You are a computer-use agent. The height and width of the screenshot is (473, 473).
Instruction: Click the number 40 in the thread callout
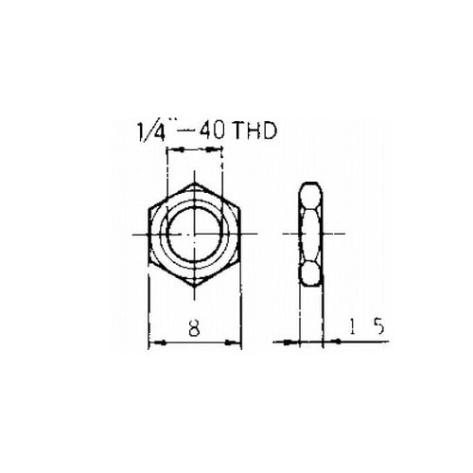[x=212, y=131]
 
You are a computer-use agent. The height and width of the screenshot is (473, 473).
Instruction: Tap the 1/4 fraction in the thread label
[x=151, y=131]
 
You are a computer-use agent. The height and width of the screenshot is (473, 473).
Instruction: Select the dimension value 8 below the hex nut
[x=195, y=327]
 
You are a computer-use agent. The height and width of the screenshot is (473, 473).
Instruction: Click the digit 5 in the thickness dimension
[x=379, y=326]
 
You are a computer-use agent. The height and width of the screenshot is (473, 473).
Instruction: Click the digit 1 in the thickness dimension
[x=352, y=326]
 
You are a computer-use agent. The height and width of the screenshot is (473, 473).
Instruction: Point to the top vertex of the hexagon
[x=195, y=183]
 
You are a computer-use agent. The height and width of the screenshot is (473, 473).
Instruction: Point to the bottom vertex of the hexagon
[x=195, y=287]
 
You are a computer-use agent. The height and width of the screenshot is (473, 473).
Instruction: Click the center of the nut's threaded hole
[x=195, y=234]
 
